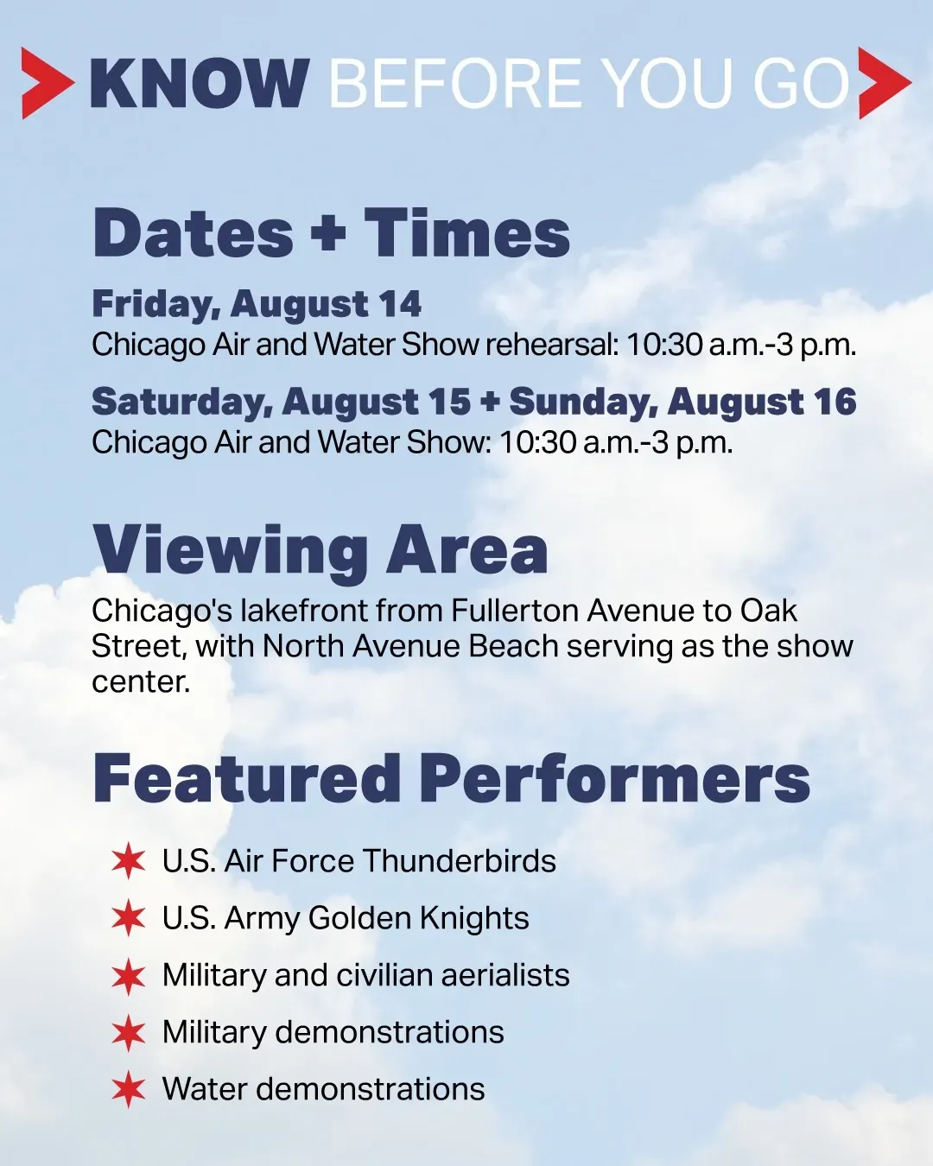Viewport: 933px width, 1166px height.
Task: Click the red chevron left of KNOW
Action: pyautogui.click(x=46, y=83)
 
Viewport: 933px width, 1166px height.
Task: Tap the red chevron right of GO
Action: pyautogui.click(x=885, y=83)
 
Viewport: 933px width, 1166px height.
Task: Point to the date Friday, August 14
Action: pyautogui.click(x=257, y=305)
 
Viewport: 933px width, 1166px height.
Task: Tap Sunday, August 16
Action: pyautogui.click(x=683, y=402)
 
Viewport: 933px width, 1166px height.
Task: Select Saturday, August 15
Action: pyautogui.click(x=281, y=402)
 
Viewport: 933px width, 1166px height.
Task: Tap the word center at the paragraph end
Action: pyautogui.click(x=141, y=682)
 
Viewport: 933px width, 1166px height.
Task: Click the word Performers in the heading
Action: pyautogui.click(x=614, y=780)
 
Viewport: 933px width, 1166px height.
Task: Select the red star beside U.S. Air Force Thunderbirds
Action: pyautogui.click(x=129, y=860)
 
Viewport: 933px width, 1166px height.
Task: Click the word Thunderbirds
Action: pyautogui.click(x=460, y=860)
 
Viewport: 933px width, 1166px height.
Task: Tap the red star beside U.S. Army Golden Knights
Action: pyautogui.click(x=129, y=918)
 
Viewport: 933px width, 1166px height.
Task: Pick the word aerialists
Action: pyautogui.click(x=505, y=975)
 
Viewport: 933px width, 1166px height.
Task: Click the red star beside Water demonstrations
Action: pyautogui.click(x=129, y=1089)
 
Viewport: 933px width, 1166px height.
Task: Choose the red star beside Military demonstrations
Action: pyautogui.click(x=129, y=1032)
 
